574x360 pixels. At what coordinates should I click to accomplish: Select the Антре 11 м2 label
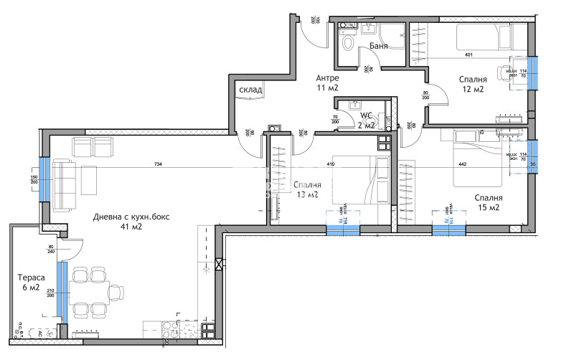pos(326,82)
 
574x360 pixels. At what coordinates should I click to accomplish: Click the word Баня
pos(379,46)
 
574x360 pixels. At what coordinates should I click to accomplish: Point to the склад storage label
pos(250,90)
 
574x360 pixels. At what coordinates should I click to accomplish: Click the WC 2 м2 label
pos(366,120)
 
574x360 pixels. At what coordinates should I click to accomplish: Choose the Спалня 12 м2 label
pos(473,84)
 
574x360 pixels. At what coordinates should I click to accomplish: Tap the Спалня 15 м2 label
pos(487,202)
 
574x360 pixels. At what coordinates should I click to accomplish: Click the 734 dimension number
pos(158,165)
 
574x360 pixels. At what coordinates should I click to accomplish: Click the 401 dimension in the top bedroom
pos(469,55)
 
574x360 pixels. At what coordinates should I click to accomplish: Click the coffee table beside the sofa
pos(88,179)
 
